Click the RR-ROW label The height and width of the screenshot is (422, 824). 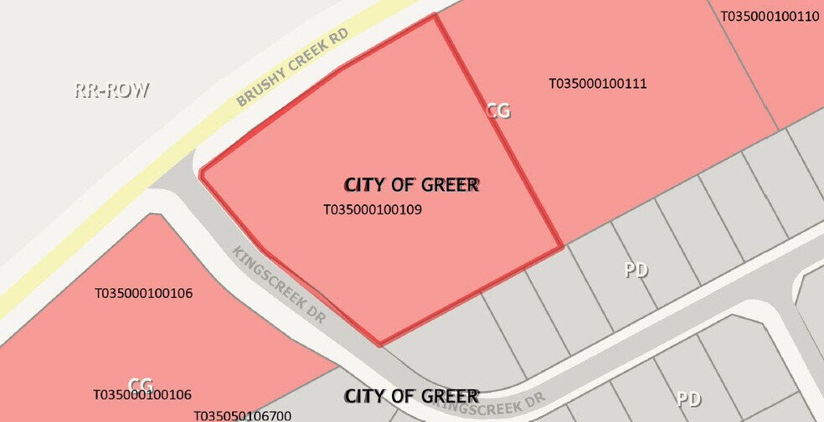pyautogui.click(x=111, y=90)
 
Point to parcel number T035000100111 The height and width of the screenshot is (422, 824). pyautogui.click(x=597, y=84)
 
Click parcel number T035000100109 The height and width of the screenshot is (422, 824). pyautogui.click(x=372, y=209)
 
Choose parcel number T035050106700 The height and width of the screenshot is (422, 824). pyautogui.click(x=242, y=415)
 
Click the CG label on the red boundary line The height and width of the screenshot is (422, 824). pyautogui.click(x=498, y=111)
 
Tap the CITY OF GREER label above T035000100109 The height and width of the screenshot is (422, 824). pyautogui.click(x=411, y=184)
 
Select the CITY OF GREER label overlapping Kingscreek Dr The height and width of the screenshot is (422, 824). pyautogui.click(x=411, y=395)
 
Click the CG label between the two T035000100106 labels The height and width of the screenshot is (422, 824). pyautogui.click(x=140, y=385)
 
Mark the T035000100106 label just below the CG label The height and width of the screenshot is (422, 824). pyautogui.click(x=142, y=394)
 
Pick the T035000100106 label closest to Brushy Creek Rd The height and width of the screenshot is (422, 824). pyautogui.click(x=143, y=293)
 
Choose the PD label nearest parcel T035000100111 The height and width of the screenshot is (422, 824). pyautogui.click(x=636, y=270)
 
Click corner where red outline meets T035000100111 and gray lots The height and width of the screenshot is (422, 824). pyautogui.click(x=562, y=247)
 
